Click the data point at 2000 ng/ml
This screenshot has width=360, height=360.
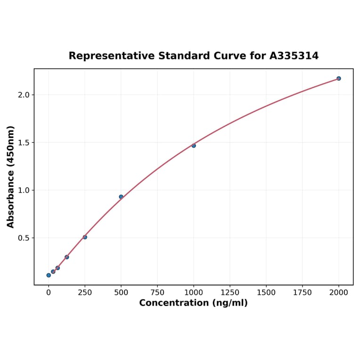point(339,78)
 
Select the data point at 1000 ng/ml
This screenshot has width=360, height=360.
point(194,146)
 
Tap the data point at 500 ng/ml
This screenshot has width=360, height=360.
point(121,196)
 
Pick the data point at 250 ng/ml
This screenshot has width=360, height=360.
point(85,237)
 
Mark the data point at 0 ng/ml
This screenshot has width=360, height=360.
point(49,275)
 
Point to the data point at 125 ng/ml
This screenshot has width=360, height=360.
point(67,257)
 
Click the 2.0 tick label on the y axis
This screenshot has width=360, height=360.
point(24,95)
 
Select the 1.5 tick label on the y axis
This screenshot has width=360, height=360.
point(24,142)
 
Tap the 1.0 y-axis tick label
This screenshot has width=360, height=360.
point(24,190)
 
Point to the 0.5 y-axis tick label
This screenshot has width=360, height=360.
point(24,238)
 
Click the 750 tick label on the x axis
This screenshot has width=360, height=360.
point(157,293)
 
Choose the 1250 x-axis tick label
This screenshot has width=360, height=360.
point(230,293)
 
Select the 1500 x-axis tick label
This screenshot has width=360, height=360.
point(266,293)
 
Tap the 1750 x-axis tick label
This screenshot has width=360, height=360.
point(303,293)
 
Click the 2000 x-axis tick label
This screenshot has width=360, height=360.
point(339,293)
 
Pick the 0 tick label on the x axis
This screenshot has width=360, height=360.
point(49,293)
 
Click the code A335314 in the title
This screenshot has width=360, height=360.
point(294,56)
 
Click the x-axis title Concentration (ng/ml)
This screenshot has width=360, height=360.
point(193,303)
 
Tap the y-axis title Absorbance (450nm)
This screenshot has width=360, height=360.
point(11,177)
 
